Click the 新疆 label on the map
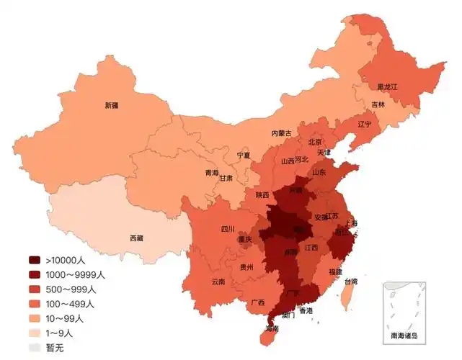coord(112,105)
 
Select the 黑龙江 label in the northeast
coord(387,86)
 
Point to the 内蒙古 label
coord(281,133)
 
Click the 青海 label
coord(211,173)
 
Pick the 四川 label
coord(228,229)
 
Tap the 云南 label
coord(218,282)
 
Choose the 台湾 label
coord(350,282)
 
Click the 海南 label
coord(272,329)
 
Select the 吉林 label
coord(378,104)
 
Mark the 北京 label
coord(315,143)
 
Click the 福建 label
coord(335,272)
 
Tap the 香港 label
coord(306,311)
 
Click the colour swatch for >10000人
coord(35,260)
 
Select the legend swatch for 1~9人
coord(35,333)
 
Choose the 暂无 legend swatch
coord(35,347)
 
